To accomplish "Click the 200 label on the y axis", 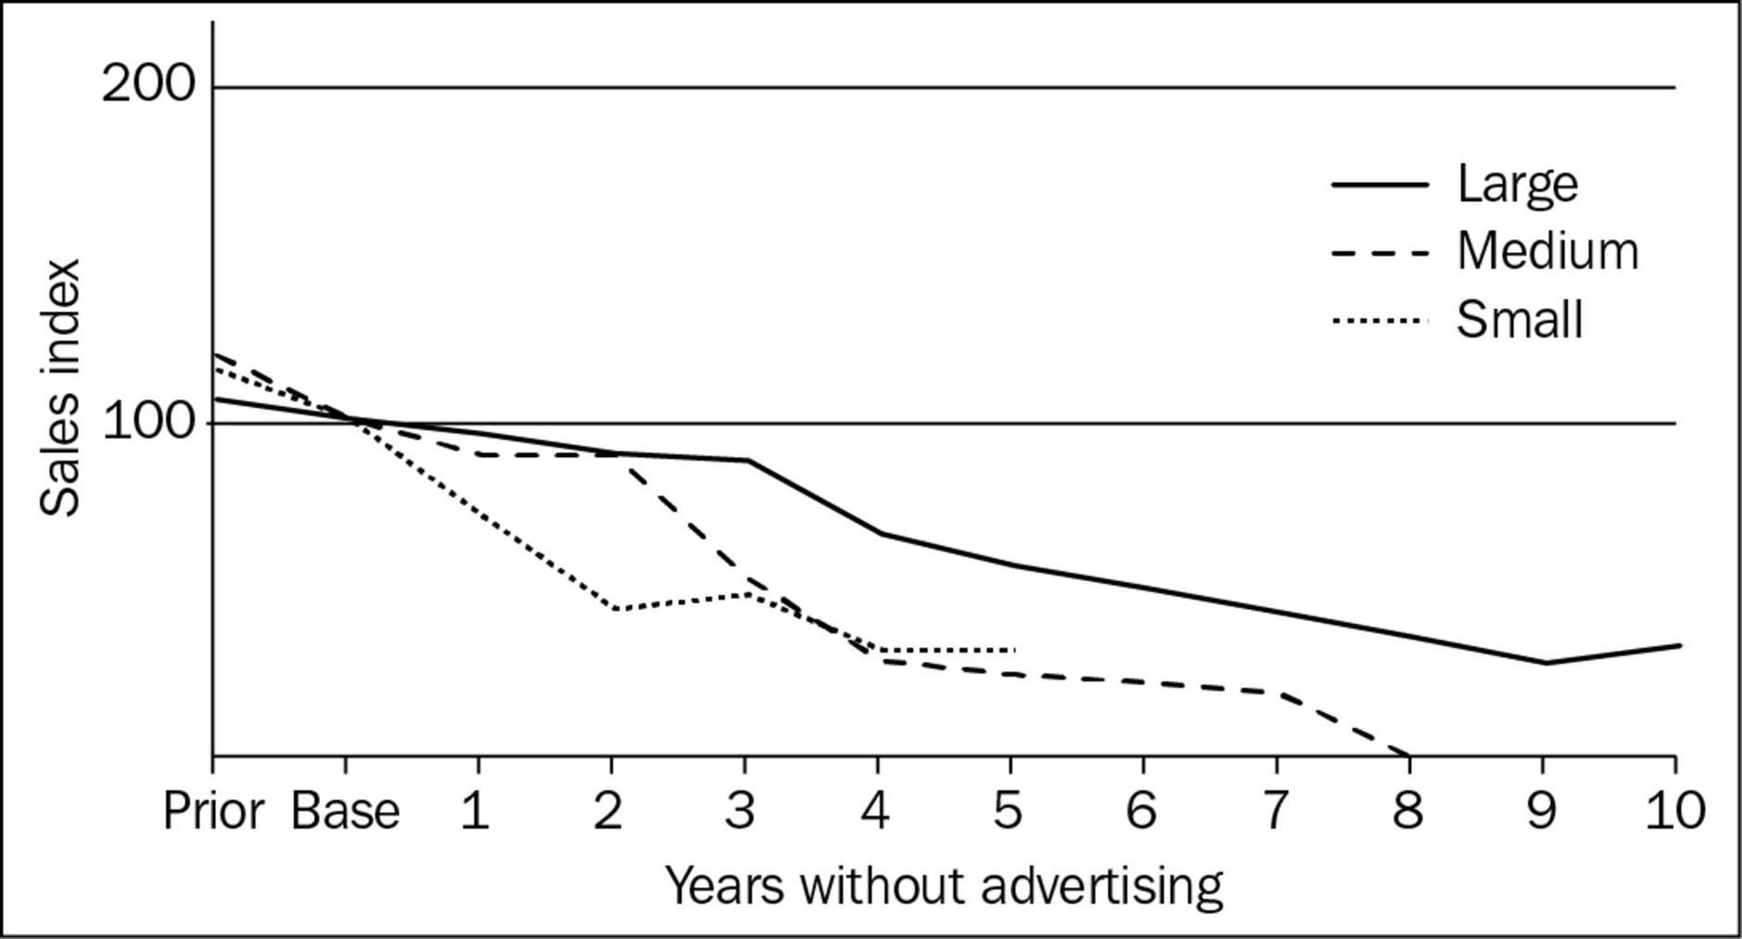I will (148, 86).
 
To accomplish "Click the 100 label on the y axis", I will (148, 423).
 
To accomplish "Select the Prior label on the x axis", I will (214, 812).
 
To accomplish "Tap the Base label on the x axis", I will (346, 812).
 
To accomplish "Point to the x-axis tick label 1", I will (476, 812).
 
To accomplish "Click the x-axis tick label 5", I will (1008, 812).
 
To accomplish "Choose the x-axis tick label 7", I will (1275, 812).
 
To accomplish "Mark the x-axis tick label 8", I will (1408, 812).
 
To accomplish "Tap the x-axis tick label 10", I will (1674, 812).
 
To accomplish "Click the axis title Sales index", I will (61, 387).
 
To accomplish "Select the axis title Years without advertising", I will (943, 885).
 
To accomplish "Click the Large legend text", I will (1517, 184).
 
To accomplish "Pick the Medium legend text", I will (1547, 251).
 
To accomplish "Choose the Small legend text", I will (1520, 321).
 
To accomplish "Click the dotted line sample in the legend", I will (1380, 321).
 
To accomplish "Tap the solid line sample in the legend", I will (1380, 184).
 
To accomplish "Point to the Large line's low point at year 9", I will (1545, 663).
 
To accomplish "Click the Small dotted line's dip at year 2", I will (615, 609).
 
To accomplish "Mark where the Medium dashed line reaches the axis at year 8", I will (1408, 755).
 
